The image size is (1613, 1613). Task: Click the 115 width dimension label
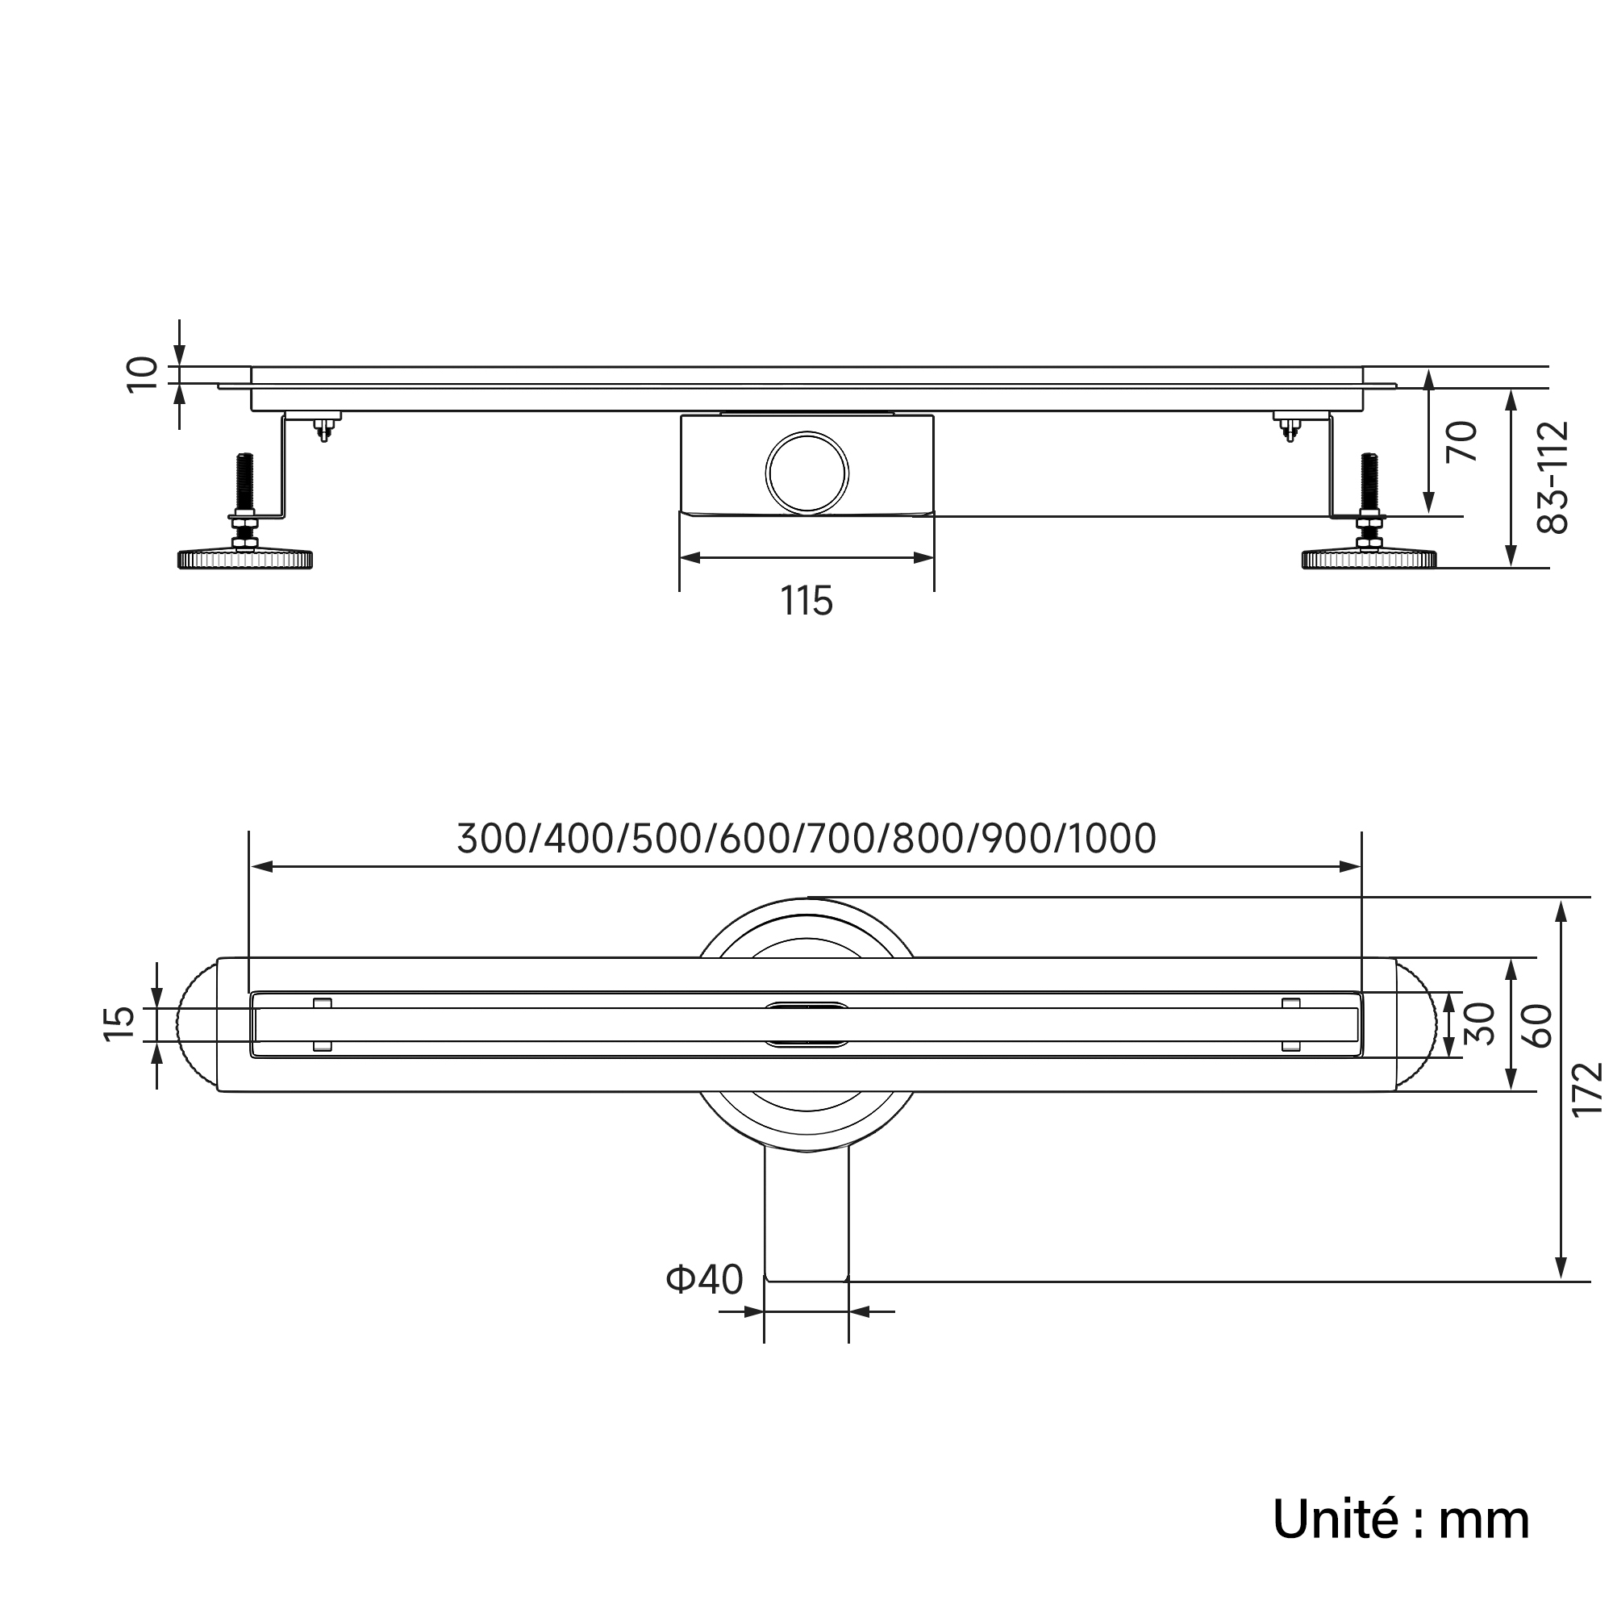click(x=806, y=601)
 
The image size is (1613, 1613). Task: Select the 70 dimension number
click(x=1462, y=442)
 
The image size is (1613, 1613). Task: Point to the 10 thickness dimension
click(x=142, y=373)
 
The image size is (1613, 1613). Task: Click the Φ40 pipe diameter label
click(x=704, y=1302)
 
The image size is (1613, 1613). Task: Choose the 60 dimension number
click(x=1537, y=1026)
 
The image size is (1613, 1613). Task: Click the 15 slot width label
click(x=119, y=1023)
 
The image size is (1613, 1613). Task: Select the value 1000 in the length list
click(x=1112, y=839)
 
